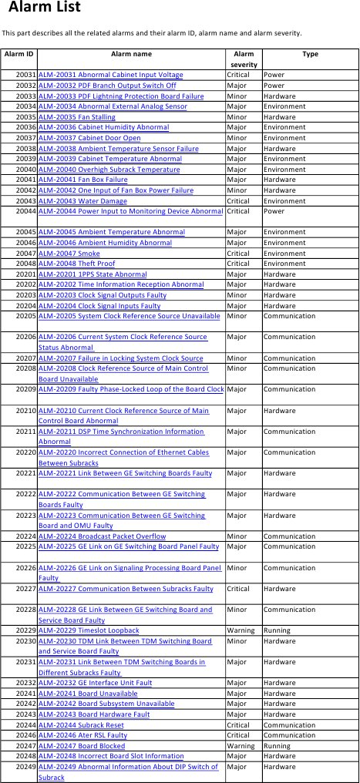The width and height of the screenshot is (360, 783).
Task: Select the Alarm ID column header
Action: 19,55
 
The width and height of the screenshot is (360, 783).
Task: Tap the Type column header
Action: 310,55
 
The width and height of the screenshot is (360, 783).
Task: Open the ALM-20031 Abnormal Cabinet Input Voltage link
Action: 111,75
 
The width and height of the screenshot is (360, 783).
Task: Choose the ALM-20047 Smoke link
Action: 69,253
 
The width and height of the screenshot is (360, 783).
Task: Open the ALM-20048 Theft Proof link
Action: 76,264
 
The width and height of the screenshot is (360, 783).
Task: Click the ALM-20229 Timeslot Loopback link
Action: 89,630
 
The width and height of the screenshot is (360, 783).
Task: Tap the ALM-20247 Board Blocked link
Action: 82,746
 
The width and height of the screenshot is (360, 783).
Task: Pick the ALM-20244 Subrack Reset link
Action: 81,725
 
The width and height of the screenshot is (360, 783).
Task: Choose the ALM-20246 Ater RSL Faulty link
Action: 82,736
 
